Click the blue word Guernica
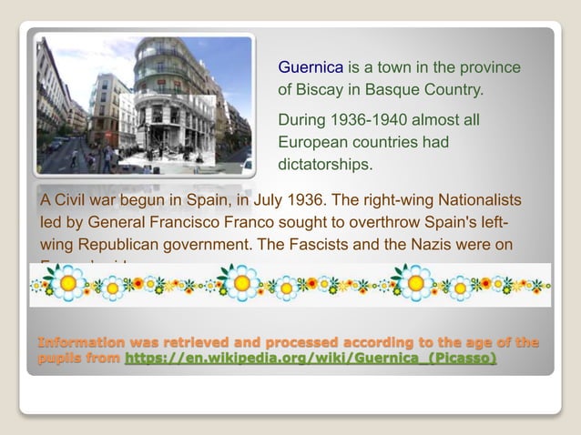coord(311,67)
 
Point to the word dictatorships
coord(325,165)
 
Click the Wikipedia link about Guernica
coord(311,359)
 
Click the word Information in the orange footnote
coord(81,342)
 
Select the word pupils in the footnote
coord(59,359)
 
